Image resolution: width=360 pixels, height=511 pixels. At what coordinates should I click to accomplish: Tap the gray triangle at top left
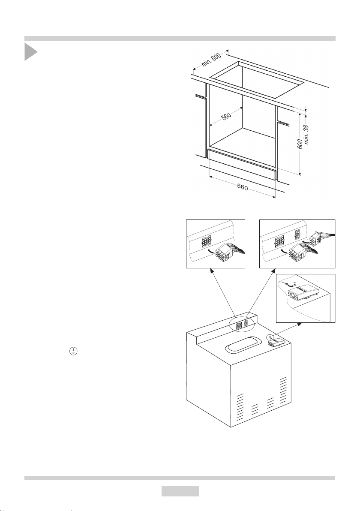[30, 52]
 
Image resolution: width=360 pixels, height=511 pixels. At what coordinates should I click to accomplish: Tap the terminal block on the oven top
[275, 342]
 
